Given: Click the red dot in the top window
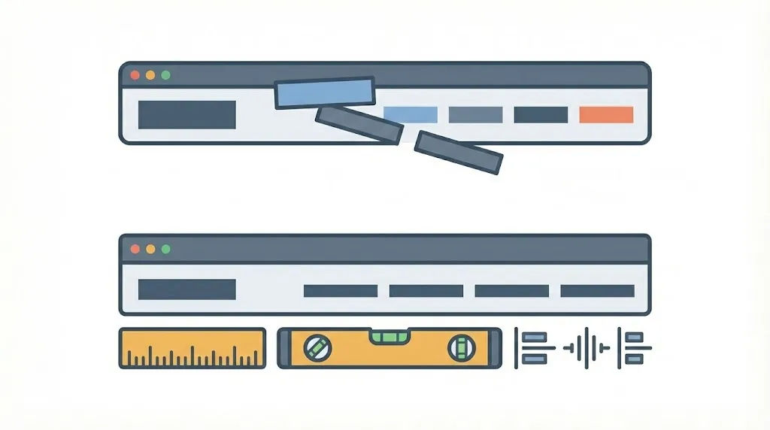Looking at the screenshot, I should click(135, 75).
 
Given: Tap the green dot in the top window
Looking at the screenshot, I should click(166, 75).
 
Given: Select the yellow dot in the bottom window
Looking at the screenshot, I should click(150, 248).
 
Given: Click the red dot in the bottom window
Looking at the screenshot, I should click(135, 248).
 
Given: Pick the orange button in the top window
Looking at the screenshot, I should click(606, 115).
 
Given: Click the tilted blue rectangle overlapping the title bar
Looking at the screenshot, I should click(325, 93).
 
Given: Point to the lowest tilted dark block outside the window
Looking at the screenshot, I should click(458, 153).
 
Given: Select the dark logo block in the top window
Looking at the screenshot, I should click(187, 115).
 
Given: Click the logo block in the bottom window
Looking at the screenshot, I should click(187, 289).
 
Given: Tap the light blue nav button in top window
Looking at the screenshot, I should click(411, 115).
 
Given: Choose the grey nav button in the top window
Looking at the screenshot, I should click(475, 115).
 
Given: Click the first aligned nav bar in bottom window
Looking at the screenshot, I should click(340, 291).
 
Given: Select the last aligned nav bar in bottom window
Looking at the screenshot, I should click(597, 291).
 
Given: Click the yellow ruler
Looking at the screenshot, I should click(192, 348).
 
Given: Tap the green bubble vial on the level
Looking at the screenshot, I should click(389, 335).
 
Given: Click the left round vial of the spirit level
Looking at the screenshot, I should click(317, 347).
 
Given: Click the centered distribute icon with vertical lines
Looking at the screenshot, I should click(586, 348).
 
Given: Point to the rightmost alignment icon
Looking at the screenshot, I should click(634, 348).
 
